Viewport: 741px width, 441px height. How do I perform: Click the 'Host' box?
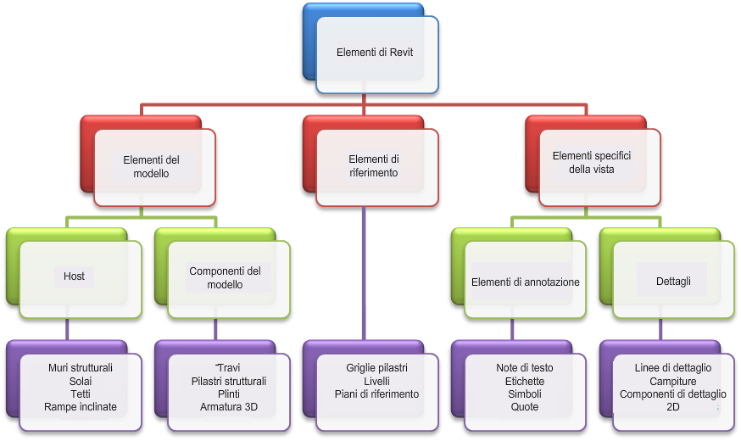75,276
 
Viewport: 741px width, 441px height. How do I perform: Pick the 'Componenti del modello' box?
225,277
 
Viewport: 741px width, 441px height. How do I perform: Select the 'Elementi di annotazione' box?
526,282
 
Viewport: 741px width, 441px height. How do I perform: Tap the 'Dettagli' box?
673,281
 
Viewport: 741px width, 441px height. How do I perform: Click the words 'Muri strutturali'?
81,368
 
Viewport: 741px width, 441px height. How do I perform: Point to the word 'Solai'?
81,382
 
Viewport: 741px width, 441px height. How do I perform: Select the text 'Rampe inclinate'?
81,407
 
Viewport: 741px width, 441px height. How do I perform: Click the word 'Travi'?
229,369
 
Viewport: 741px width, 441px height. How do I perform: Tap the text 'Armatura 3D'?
229,407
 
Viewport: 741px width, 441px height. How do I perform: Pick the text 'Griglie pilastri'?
377,368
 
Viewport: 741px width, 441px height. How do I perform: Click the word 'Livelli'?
377,382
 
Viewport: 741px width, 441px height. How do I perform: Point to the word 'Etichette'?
525,382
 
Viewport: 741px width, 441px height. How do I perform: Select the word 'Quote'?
525,407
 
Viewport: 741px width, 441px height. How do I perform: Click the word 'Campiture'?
673,382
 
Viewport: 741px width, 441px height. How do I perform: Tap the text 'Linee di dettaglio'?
673,368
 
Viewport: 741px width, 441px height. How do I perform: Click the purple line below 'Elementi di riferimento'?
365,271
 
